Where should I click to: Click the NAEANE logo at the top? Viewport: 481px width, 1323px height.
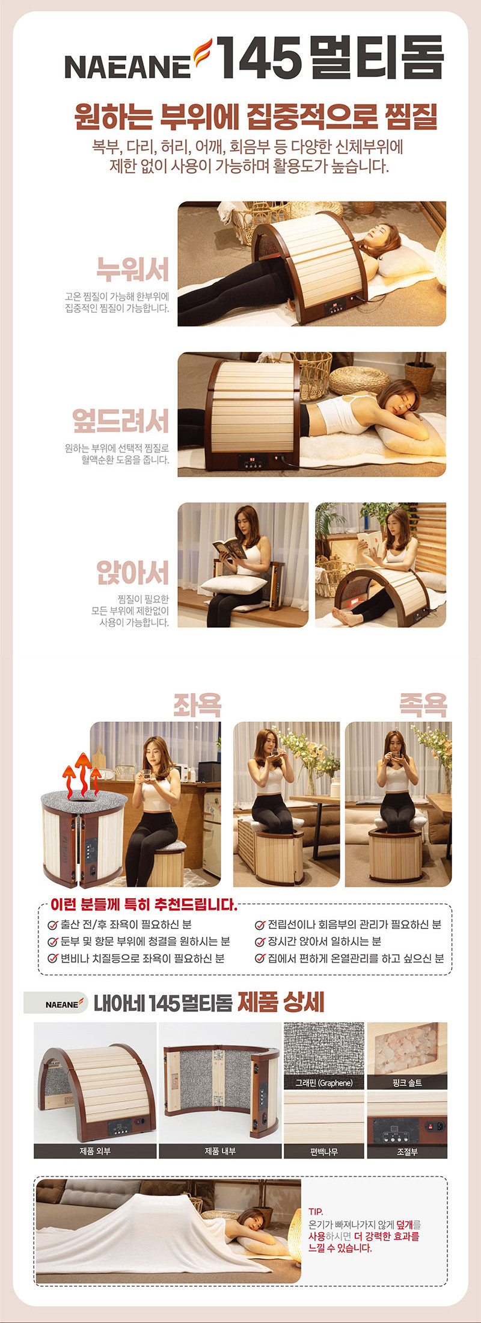coord(138,60)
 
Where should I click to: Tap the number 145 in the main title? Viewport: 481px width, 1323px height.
coord(259,58)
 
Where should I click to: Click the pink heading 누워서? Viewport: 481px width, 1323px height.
coord(133,269)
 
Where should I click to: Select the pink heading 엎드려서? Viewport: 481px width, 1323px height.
coord(121,420)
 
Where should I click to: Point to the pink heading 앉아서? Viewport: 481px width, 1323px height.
coord(133,572)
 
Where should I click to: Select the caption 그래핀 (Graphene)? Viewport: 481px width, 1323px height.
coord(323,1083)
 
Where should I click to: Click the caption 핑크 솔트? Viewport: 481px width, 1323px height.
coord(407,1083)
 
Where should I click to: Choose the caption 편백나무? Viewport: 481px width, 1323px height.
coord(323,1152)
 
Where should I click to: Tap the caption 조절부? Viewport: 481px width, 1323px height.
coord(407,1152)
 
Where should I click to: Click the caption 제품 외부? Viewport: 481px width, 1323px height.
coord(95,1151)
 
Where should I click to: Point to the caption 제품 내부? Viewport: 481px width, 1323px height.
coord(220,1151)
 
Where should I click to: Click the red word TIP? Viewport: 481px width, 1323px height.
coord(316,1212)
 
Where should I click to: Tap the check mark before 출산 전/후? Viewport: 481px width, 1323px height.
coord(53,925)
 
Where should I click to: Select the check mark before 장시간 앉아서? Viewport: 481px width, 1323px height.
coord(260,942)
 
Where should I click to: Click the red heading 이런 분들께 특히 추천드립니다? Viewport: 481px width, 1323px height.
coord(144,904)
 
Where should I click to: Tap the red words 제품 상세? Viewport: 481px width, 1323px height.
coord(281,1002)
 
